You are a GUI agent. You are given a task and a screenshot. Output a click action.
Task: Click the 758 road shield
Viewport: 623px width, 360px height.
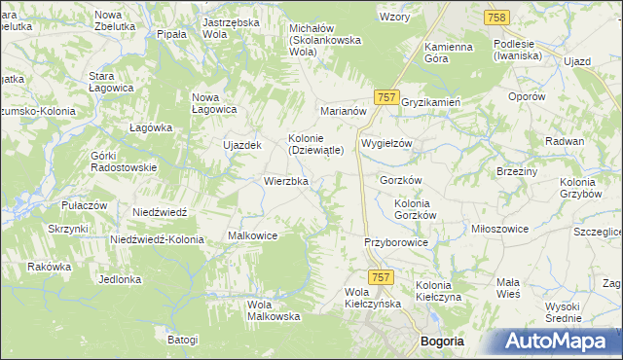coord(497,18)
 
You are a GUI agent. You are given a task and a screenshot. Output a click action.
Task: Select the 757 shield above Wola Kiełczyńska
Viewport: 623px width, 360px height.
coord(382,277)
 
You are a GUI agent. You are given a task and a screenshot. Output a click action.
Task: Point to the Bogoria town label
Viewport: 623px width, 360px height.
coord(442,342)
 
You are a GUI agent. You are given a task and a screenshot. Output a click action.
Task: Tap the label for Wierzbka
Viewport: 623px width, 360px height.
coord(286,181)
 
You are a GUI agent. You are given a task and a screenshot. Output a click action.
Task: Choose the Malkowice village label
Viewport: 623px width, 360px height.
coord(253,235)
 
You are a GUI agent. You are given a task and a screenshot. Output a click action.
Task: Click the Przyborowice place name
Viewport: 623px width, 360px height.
coord(395,242)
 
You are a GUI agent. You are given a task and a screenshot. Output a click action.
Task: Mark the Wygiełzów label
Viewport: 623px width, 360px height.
coord(387,143)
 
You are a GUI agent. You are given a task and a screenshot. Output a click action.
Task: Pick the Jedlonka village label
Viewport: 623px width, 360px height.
coord(120,279)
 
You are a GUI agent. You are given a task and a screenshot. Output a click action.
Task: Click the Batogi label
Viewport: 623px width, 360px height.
coord(182,340)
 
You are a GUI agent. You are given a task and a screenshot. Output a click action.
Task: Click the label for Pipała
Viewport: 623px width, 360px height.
coord(171,34)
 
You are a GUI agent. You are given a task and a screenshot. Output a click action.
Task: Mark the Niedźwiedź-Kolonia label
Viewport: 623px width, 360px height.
coord(157,239)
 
